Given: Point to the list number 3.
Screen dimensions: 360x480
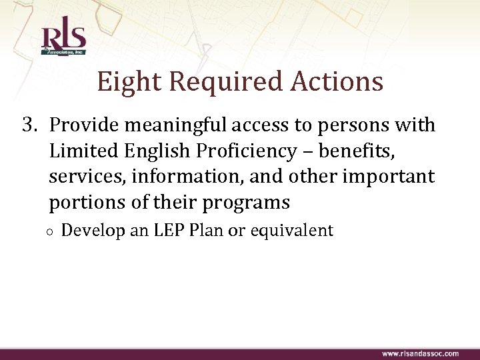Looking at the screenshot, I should coord(29,125).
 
